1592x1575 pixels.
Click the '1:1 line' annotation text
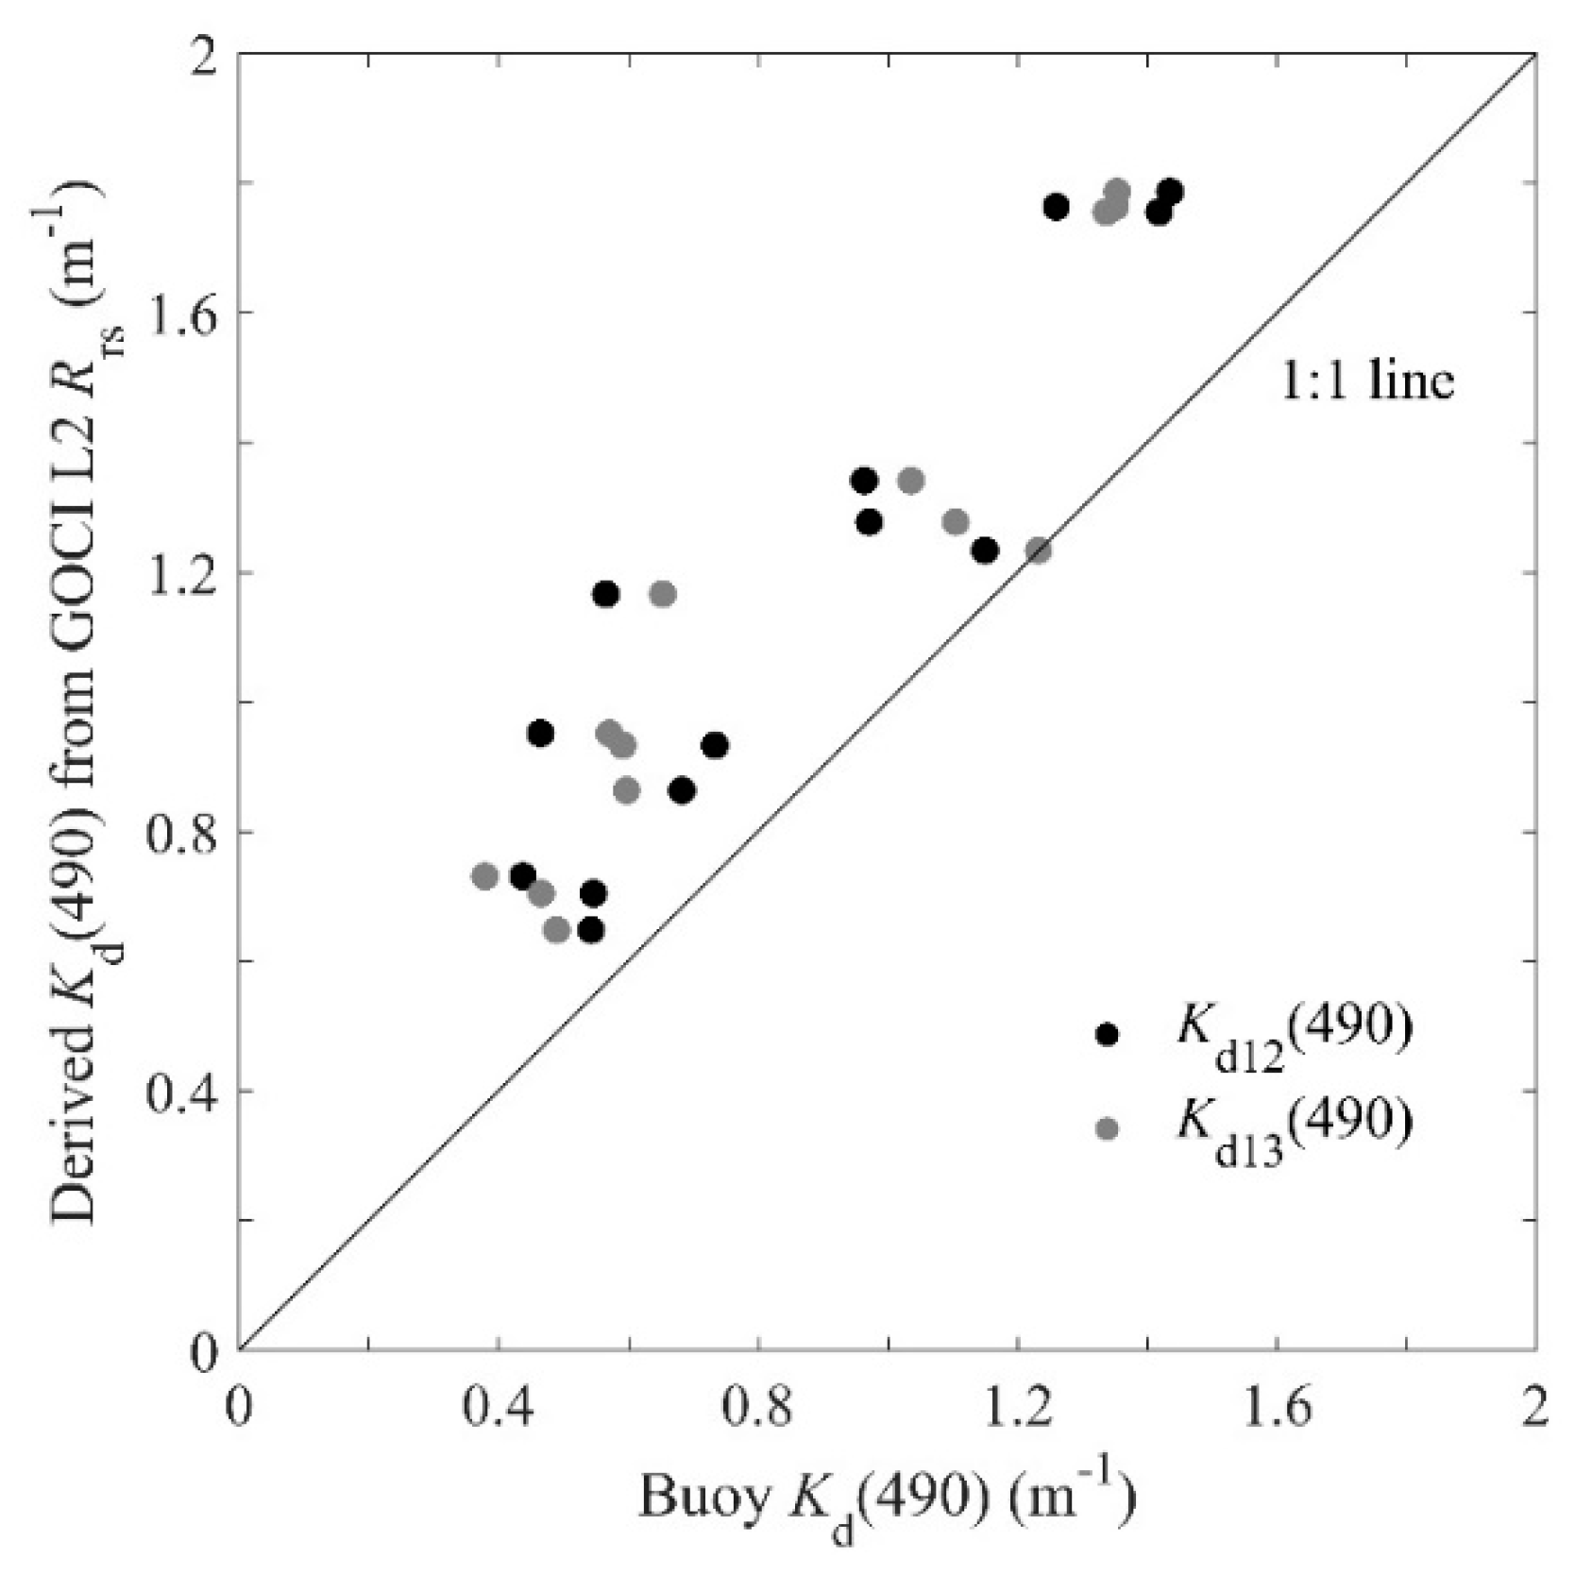coord(1366,381)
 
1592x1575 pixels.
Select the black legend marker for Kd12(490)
coord(1107,1034)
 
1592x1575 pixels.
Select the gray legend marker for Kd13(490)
coord(1107,1127)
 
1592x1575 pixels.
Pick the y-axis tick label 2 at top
coord(204,54)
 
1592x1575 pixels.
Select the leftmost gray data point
coord(484,876)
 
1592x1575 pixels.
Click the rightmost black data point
coord(1170,192)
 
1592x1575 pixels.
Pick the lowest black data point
coord(591,930)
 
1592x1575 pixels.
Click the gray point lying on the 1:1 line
coord(1039,550)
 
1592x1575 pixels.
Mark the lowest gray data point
coord(556,930)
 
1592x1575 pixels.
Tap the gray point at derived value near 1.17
coord(663,594)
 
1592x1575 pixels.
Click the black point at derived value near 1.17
coord(605,594)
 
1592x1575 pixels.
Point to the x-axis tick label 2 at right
coord(1535,1409)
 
